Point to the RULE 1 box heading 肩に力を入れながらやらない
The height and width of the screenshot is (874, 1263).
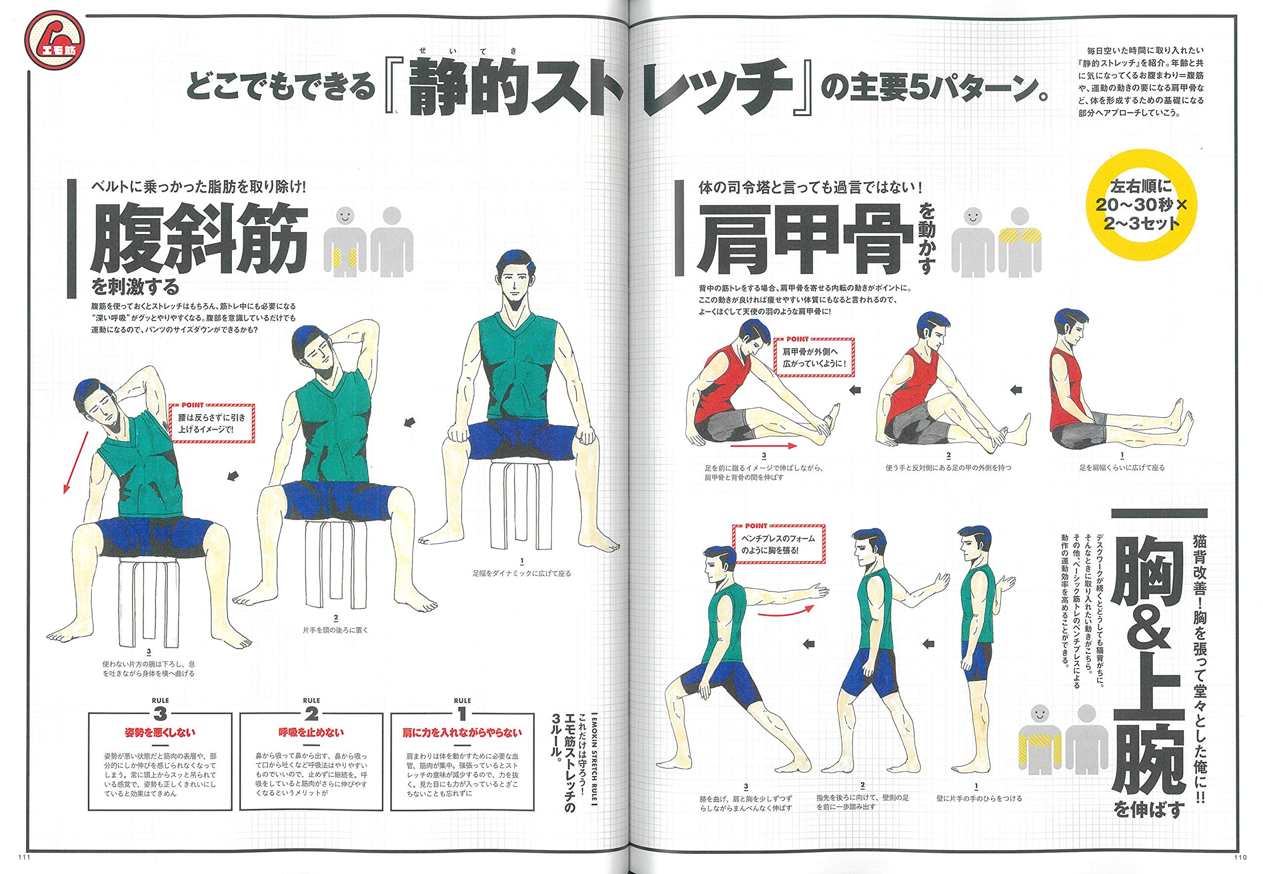[x=461, y=733]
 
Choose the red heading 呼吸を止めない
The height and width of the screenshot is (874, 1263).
[x=311, y=733]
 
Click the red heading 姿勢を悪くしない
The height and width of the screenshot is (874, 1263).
[x=159, y=733]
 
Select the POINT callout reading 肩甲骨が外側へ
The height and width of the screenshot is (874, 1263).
[x=814, y=356]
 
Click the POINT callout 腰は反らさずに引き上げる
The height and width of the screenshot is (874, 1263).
[x=212, y=422]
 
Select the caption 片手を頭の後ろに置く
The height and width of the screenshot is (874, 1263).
[x=335, y=630]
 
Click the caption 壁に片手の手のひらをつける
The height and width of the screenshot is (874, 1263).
[x=979, y=798]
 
